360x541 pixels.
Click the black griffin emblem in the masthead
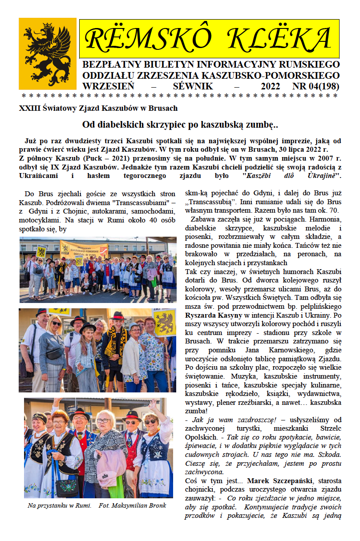(48, 53)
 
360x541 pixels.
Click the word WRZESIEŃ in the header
(109, 86)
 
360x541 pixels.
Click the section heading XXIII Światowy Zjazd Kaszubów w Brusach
(98, 108)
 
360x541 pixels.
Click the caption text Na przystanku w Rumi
(59, 505)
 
